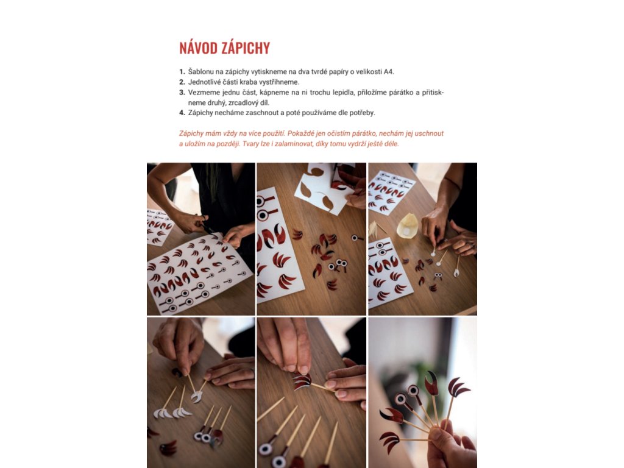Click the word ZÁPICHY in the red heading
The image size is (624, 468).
pos(246,48)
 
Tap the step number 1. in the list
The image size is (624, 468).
pos(182,72)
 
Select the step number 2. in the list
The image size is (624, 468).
pos(182,82)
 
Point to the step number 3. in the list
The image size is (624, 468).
pos(182,93)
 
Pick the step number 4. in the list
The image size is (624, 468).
pos(182,113)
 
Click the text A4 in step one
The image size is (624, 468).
pos(388,72)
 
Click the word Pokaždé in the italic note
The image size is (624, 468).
pos(299,133)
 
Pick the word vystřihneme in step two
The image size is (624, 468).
pos(279,82)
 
